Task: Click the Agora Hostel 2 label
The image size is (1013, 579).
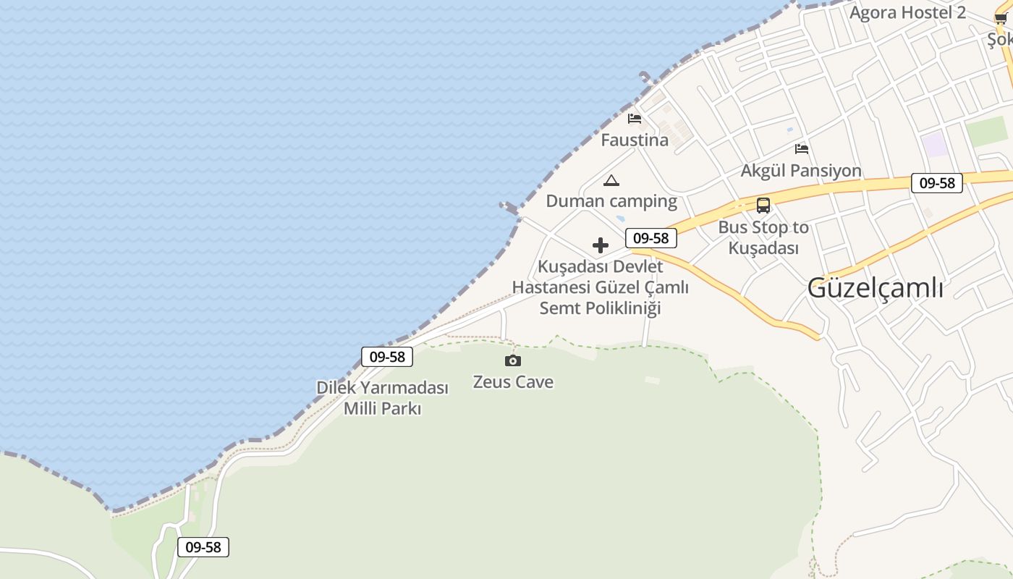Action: click(x=907, y=13)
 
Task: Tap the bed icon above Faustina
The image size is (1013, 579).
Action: click(x=635, y=119)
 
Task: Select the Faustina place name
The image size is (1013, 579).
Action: click(x=635, y=140)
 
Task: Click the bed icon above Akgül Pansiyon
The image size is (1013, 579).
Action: click(x=802, y=149)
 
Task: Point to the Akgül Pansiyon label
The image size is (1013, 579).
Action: click(x=801, y=171)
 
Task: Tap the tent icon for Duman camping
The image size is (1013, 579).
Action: click(x=611, y=180)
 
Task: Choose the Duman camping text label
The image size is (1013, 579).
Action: click(x=611, y=201)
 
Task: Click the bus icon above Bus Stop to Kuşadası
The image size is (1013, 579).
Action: click(x=763, y=206)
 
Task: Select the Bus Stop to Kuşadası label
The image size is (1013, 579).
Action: click(x=763, y=237)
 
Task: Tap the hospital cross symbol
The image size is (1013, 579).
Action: click(x=601, y=245)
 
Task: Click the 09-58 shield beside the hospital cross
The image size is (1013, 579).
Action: click(x=651, y=238)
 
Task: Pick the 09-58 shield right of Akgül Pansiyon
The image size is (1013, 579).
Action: click(x=937, y=183)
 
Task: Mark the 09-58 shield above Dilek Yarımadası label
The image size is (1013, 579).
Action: click(x=387, y=356)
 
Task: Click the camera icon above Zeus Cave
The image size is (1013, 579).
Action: click(x=513, y=360)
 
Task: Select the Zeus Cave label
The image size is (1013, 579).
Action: click(x=513, y=382)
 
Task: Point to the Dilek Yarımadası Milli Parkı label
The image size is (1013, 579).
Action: click(x=382, y=398)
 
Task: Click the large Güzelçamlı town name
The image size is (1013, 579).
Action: click(x=875, y=288)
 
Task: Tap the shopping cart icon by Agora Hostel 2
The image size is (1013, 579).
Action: click(x=1001, y=19)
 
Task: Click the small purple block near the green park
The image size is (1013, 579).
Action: click(x=935, y=145)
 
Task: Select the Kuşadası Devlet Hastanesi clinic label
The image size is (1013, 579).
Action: click(x=601, y=287)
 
